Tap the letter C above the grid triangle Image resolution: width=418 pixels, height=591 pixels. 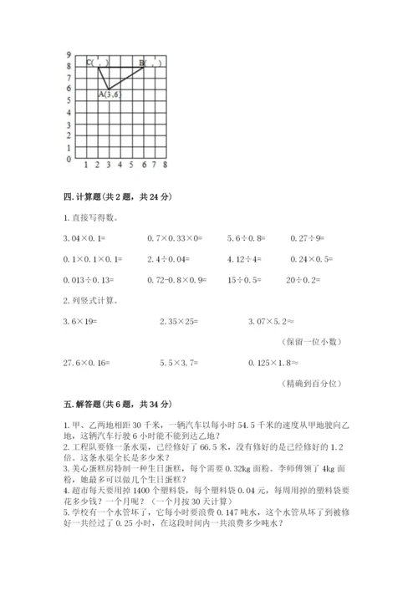pos(89,62)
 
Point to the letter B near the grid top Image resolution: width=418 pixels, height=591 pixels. pos(142,62)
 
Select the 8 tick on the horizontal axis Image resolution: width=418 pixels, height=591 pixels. pos(166,164)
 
